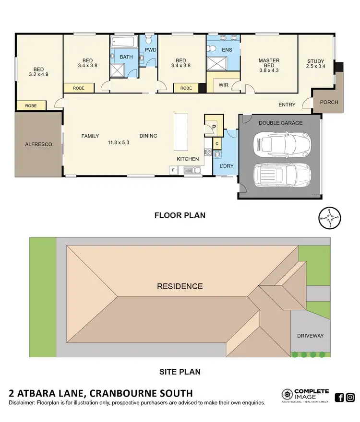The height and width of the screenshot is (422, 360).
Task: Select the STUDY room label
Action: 315,61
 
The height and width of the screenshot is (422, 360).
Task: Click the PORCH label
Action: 329,102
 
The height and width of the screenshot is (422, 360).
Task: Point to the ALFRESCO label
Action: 38,144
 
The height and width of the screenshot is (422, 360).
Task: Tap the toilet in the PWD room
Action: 148,40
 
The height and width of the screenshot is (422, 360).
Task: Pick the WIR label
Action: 223,85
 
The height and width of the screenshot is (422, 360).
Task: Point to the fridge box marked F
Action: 172,170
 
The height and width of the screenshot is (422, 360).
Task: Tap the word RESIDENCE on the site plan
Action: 180,286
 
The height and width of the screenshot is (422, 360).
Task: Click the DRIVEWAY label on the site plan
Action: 310,336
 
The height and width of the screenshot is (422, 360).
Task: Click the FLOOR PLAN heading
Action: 180,215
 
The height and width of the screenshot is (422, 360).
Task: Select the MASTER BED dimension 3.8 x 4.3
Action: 269,70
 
